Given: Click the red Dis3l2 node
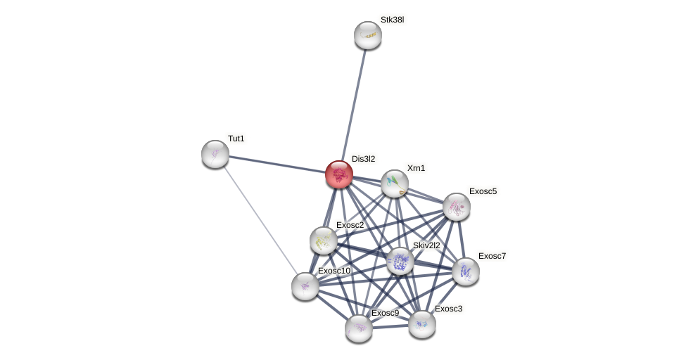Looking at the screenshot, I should click(339, 174).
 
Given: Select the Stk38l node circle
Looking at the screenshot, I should click(367, 35).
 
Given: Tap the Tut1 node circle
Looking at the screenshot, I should click(215, 154).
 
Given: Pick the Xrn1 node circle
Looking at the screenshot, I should click(395, 184).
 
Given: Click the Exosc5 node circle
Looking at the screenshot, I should click(457, 207).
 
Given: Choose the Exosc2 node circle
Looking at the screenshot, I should click(324, 240).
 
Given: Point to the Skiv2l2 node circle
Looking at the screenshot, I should click(400, 261).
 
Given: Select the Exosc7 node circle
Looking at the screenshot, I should click(466, 271).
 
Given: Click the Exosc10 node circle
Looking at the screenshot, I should click(305, 286).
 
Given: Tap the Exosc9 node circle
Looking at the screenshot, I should click(359, 328).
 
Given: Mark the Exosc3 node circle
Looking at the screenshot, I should click(422, 324).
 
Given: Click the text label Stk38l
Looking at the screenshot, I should click(392, 20).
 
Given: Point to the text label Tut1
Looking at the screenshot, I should click(236, 139).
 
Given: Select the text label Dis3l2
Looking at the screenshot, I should click(363, 159).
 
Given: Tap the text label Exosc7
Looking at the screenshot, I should click(492, 256).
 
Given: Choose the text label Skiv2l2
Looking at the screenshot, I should click(426, 245).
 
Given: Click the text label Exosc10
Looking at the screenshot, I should click(334, 271).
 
